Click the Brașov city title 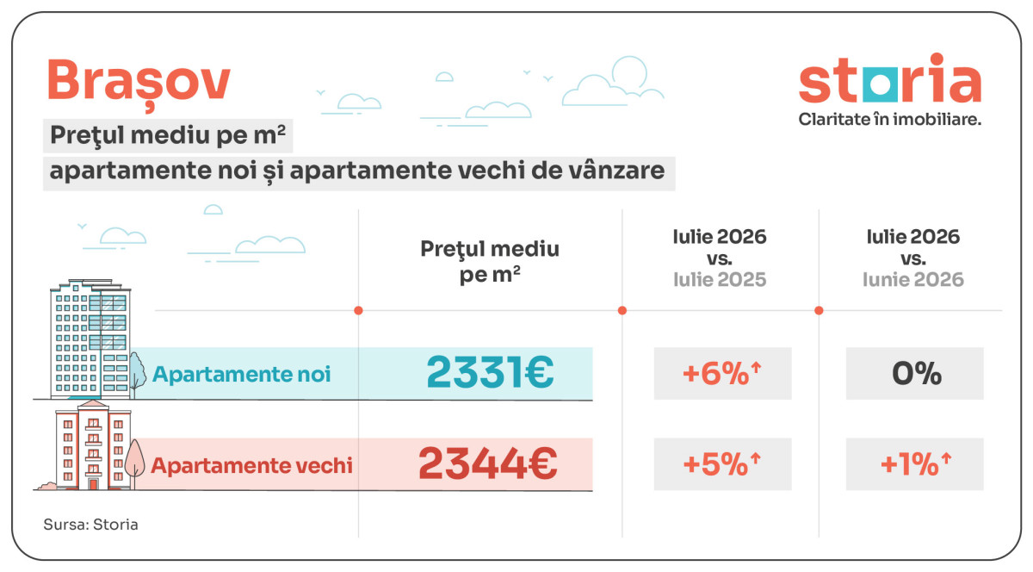139,83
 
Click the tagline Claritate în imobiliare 889,119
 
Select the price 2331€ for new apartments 490,372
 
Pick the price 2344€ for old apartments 488,463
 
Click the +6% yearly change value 721,373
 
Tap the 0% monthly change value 916,373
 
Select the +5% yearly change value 721,463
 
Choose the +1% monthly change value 916,463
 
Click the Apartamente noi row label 241,374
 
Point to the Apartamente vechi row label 251,465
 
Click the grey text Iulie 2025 720,279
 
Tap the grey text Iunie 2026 913,279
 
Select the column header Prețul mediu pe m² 490,261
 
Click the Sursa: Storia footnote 91,525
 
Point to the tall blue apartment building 90,339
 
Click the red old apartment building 93,445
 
